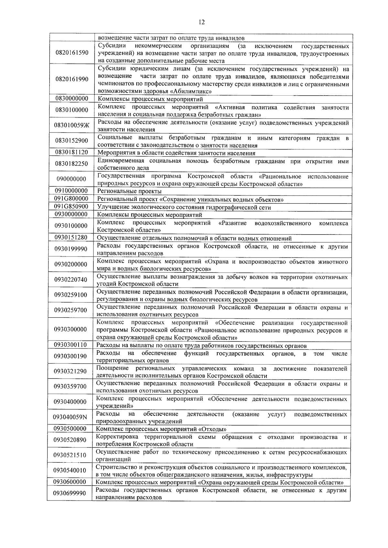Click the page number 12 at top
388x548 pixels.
tap(201, 22)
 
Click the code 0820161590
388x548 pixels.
tap(72, 52)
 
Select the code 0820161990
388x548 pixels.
tap(72, 79)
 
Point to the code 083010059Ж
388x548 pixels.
tap(72, 126)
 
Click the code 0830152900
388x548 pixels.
tap(72, 141)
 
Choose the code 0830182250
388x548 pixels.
tap(71, 164)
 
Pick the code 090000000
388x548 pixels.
tap(71, 179)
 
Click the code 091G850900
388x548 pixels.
tap(71, 207)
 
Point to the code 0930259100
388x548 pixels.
tap(71, 295)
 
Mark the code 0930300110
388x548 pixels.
tap(70, 345)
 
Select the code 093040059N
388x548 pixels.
tap(70, 417)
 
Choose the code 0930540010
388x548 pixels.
tap(70, 470)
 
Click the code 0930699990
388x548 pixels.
tap(70, 493)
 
